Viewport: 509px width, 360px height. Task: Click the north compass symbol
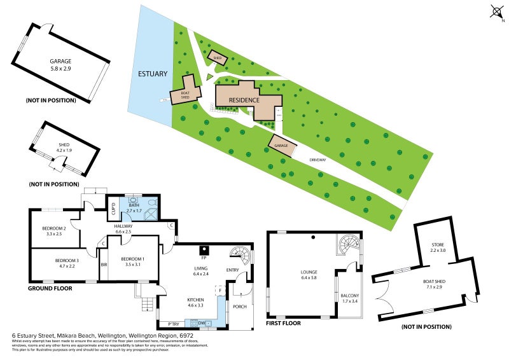497,11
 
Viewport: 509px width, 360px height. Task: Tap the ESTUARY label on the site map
153,74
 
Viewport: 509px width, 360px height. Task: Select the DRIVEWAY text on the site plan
317,160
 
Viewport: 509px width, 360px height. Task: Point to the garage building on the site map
281,146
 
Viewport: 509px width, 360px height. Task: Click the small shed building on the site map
218,58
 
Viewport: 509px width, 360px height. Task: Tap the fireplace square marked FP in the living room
204,249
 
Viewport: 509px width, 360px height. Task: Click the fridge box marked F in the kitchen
220,290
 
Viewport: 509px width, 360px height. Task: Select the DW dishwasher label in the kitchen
200,323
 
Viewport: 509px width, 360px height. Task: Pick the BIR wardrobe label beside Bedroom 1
104,265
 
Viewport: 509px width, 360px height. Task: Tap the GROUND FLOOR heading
50,288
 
